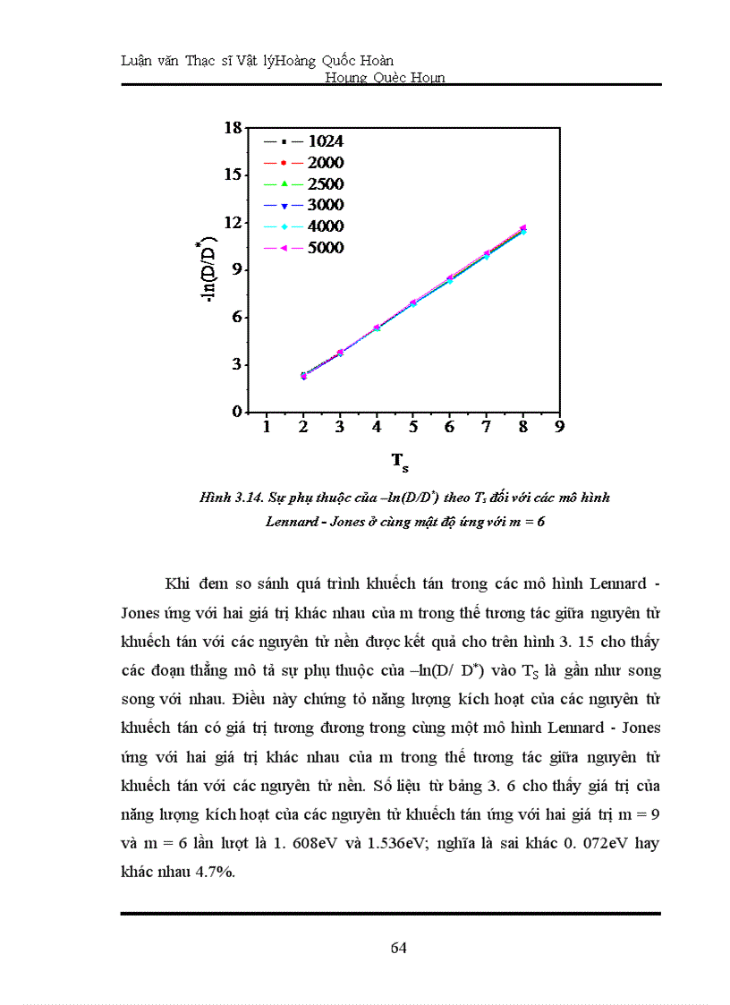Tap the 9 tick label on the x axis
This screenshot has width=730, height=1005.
tap(559, 428)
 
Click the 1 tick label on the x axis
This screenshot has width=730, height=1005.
tap(267, 428)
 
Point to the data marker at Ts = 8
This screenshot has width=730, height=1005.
tap(522, 229)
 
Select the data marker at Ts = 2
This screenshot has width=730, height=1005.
tap(303, 376)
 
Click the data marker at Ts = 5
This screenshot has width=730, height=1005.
tap(413, 302)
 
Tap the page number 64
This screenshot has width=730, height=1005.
tap(399, 949)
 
